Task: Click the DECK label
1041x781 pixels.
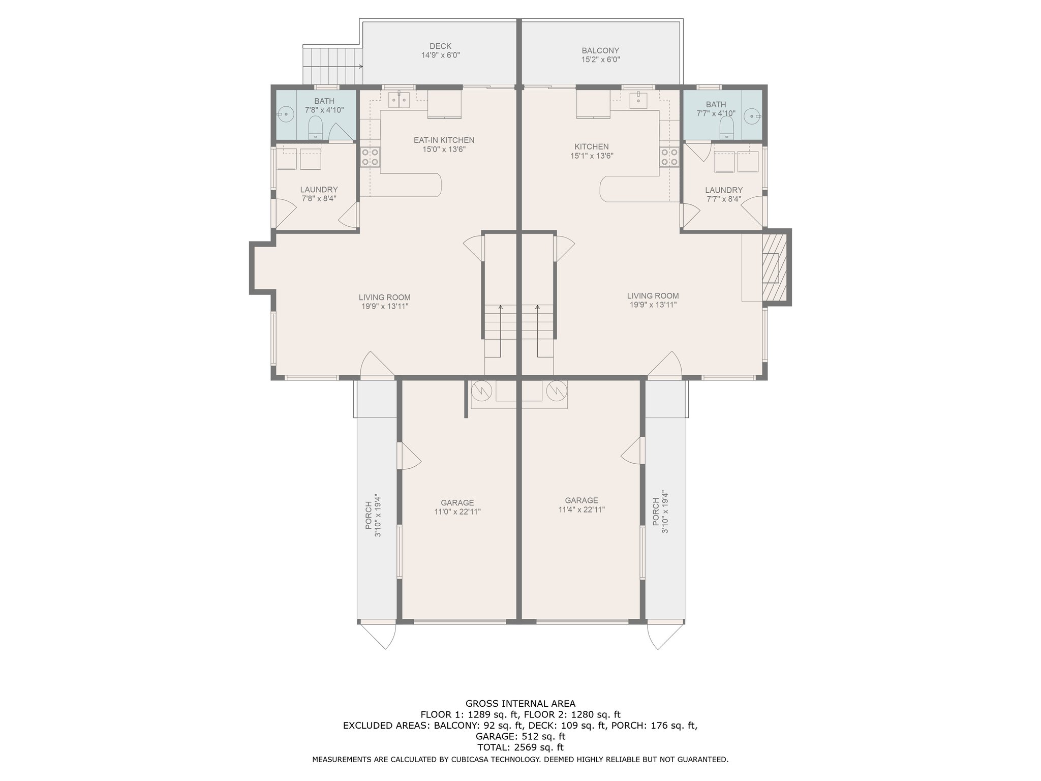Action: [440, 46]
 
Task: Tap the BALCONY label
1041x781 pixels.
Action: [600, 51]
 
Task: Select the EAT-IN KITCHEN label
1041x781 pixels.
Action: [444, 140]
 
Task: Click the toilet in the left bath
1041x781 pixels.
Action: [316, 127]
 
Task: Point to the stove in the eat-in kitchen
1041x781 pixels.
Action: [370, 157]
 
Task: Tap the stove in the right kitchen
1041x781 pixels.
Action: [669, 157]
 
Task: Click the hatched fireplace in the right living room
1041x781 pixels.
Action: [774, 267]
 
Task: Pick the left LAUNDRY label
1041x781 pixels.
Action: [319, 190]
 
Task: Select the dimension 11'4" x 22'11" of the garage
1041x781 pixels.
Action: [581, 509]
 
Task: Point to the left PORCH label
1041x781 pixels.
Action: [369, 515]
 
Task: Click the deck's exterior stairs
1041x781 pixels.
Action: [332, 66]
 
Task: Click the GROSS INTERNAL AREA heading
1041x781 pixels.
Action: [520, 704]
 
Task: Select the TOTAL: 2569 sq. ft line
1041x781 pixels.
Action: [520, 747]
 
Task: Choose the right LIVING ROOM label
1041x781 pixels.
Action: [653, 296]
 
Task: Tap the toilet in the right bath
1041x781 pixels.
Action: [727, 127]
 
